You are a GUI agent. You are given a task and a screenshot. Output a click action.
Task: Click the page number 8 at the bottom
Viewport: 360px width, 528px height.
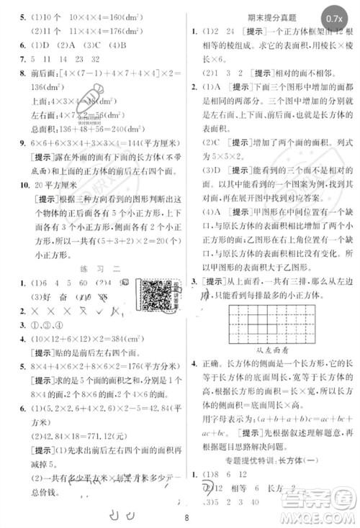[x=186, y=516]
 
